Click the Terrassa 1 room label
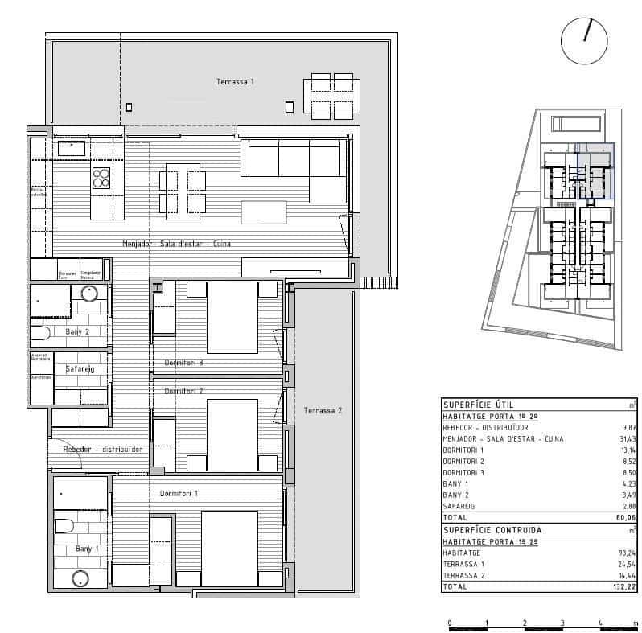point(235,82)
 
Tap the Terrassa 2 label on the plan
point(323,411)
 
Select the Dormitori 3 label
point(183,363)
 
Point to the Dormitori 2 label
point(183,391)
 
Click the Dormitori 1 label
point(179,493)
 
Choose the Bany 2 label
point(76,331)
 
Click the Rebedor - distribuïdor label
point(103,450)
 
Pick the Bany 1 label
point(86,549)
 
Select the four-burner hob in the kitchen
point(101,177)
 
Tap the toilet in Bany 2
point(41,333)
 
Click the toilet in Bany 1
point(64,526)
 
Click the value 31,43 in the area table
point(624,439)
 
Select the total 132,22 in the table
point(623,588)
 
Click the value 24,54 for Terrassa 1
point(624,565)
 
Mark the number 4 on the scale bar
point(600,623)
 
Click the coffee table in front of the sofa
point(263,212)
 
